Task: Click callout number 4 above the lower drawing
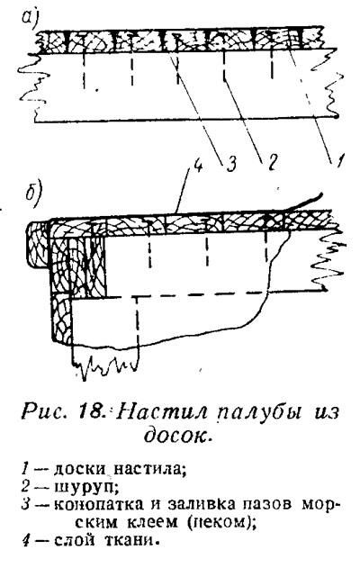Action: [x=198, y=167]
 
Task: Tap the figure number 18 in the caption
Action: [x=89, y=413]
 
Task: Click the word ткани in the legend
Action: [x=131, y=541]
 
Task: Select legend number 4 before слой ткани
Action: [x=26, y=541]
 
